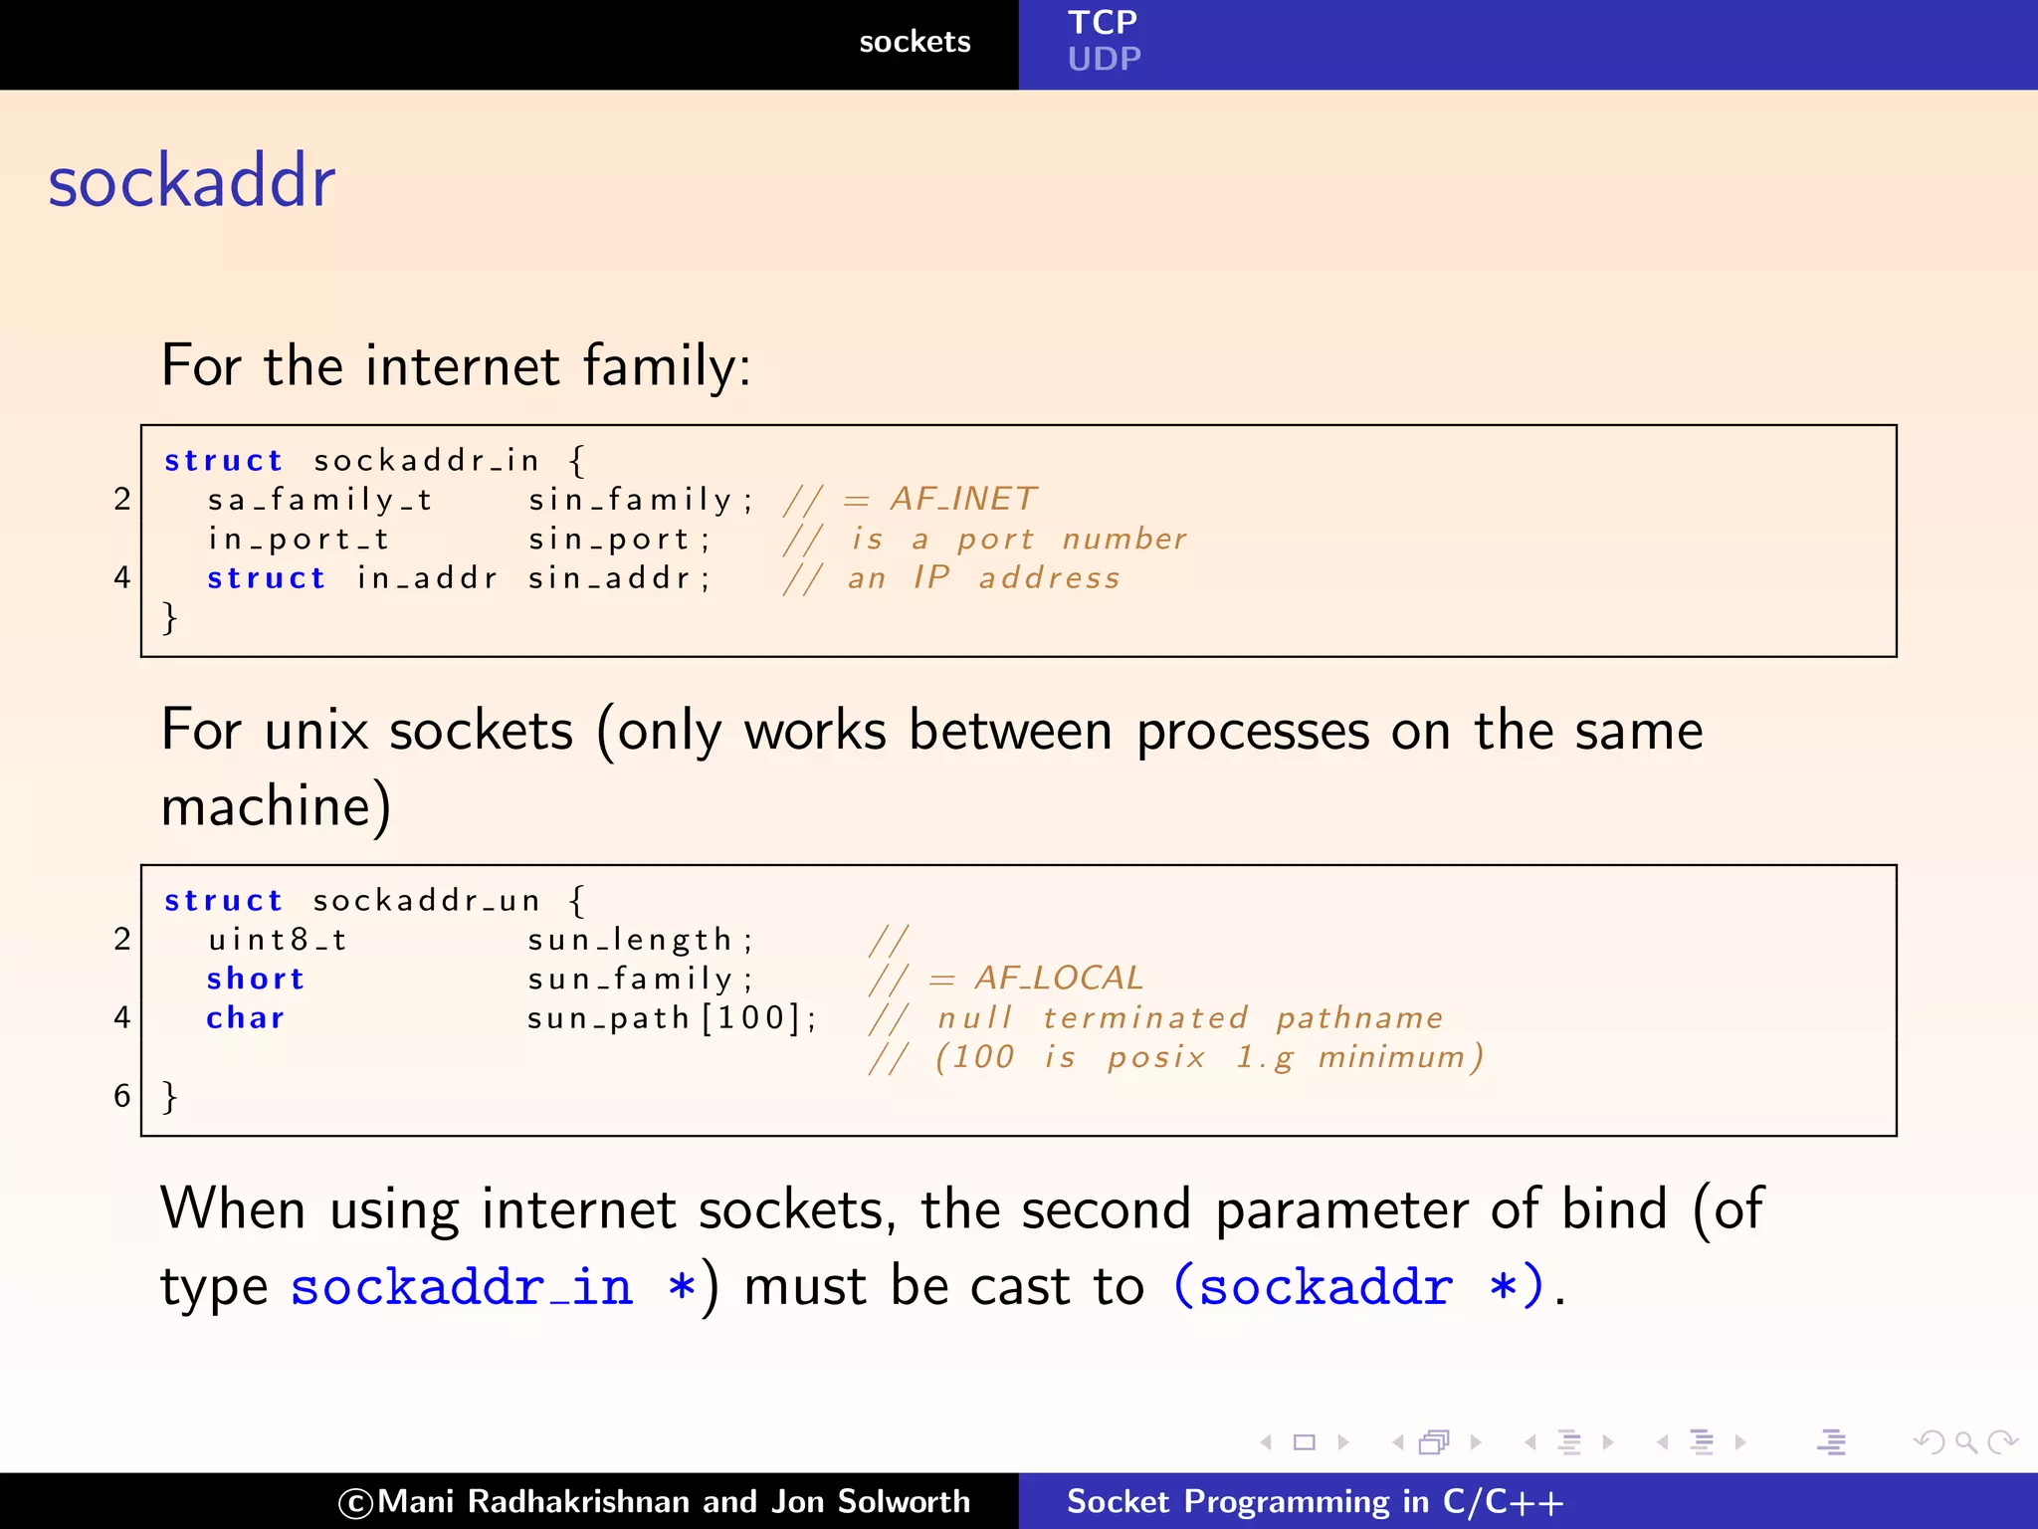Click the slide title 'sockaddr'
pos(191,182)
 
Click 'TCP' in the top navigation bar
pos(1102,22)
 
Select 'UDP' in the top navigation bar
pos(1104,60)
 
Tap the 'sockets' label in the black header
pos(914,42)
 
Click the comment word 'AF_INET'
pos(963,498)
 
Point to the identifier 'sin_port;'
pos(618,539)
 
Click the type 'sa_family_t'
pos(319,499)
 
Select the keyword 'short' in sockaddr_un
pos(255,979)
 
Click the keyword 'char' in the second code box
pos(246,1018)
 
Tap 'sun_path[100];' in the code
pos(672,1018)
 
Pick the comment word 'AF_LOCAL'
pos(1059,979)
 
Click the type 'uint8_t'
pos(278,940)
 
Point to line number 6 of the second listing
pos(121,1096)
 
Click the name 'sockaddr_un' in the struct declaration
pos(426,901)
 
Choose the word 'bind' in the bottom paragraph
pos(1613,1209)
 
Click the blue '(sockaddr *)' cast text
pos(1358,1286)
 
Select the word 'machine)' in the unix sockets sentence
pos(276,806)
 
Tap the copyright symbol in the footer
pos(355,1503)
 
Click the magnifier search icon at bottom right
pos(1965,1441)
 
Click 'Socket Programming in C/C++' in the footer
pos(1315,1501)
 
